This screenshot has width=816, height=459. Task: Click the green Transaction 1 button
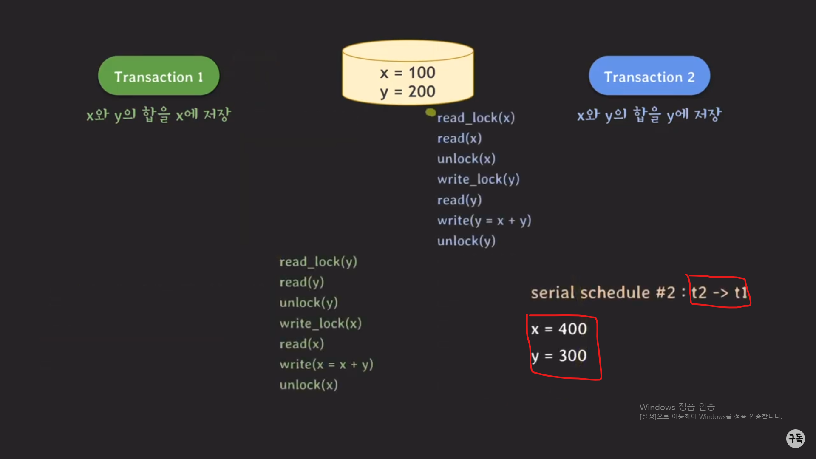click(x=159, y=76)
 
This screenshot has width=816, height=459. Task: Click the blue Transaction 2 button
click(x=649, y=76)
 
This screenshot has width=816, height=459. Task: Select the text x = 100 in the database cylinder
click(x=408, y=73)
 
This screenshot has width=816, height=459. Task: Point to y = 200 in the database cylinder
click(x=408, y=92)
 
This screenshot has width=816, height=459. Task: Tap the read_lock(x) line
click(x=476, y=118)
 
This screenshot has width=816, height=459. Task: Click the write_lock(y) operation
click(x=478, y=179)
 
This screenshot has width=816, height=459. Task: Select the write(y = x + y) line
click(x=484, y=221)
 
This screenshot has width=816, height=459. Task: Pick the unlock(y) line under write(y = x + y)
click(x=466, y=241)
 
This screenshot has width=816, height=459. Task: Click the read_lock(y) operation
click(x=318, y=262)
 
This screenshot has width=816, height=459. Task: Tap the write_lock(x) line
click(x=320, y=323)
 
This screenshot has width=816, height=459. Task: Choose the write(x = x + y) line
click(x=326, y=365)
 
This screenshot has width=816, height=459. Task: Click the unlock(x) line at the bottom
click(x=309, y=385)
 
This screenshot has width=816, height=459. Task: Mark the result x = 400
click(x=559, y=329)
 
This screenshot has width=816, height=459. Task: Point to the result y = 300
click(x=559, y=356)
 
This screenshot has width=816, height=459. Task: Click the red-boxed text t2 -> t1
click(x=719, y=292)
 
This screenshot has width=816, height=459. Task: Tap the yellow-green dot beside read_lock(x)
click(x=431, y=113)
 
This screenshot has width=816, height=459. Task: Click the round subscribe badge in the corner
click(x=795, y=438)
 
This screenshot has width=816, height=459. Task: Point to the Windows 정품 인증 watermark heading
click(x=677, y=407)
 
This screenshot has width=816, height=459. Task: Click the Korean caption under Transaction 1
click(x=159, y=114)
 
